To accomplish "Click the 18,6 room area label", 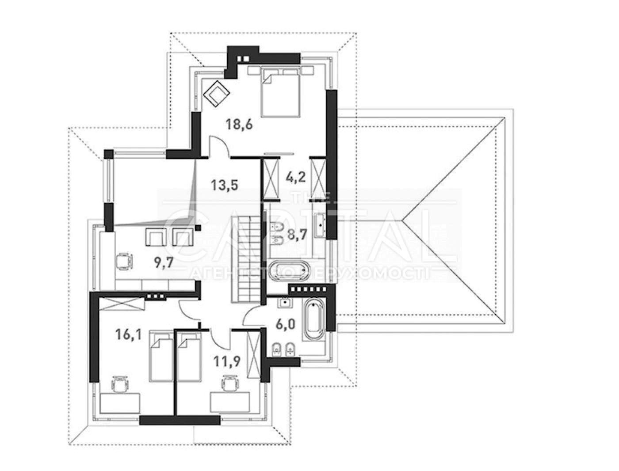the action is click(x=239, y=124).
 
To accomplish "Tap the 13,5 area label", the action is click(x=225, y=185).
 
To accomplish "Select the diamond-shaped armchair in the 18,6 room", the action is click(x=217, y=93).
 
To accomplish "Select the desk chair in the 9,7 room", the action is click(x=124, y=262).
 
